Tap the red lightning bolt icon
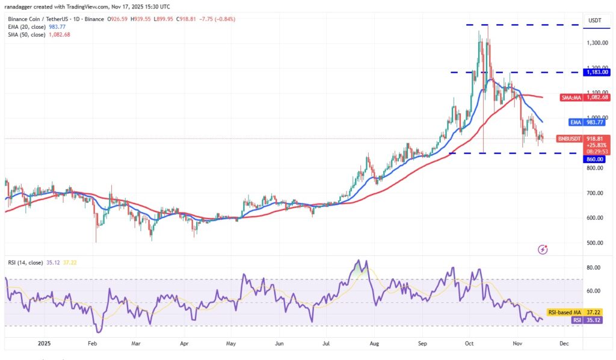[543, 249]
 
